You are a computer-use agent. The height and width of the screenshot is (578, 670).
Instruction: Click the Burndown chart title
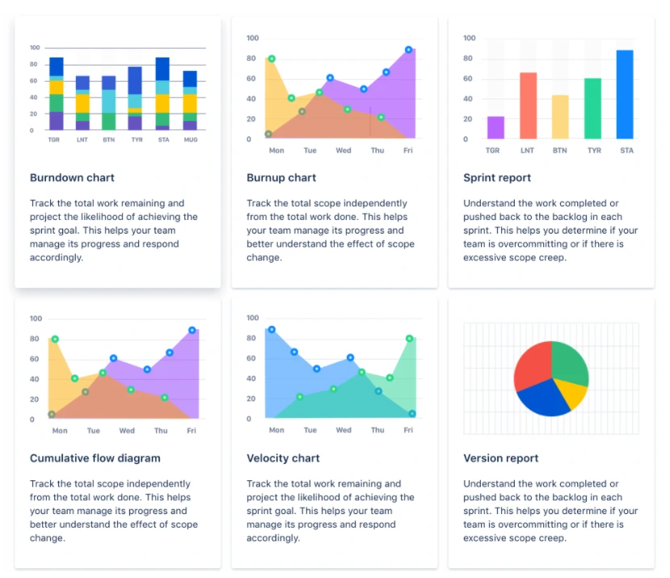coord(72,178)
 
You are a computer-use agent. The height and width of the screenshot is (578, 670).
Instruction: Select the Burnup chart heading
coord(281,178)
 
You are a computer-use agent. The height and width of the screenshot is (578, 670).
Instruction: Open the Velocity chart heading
coord(283,458)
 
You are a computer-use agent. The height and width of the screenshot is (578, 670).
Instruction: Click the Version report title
coord(501,458)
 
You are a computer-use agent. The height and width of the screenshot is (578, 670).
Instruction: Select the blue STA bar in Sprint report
coord(625,95)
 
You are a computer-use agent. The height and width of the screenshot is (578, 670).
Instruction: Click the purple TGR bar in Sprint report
coord(495,128)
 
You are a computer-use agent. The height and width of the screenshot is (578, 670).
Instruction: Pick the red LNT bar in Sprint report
coord(528,106)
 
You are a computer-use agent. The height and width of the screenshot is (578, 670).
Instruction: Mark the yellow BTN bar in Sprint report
coord(560,117)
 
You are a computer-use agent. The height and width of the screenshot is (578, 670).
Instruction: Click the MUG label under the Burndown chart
coord(190,139)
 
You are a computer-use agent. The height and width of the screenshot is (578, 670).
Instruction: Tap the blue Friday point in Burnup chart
coord(409,49)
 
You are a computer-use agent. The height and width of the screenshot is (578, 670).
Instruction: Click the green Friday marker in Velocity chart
coord(410,339)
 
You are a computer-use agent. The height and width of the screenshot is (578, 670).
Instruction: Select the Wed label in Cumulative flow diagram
coord(127,431)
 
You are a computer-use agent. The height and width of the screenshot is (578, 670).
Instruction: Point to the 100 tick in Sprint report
coord(470,38)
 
